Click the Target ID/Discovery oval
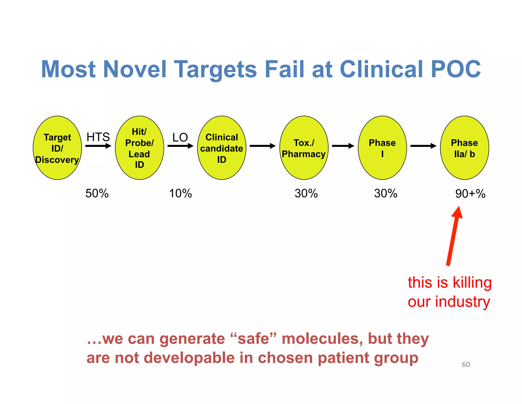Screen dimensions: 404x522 pyautogui.click(x=57, y=148)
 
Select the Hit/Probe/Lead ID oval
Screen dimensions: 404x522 pyautogui.click(x=139, y=148)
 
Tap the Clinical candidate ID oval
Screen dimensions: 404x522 pyautogui.click(x=221, y=148)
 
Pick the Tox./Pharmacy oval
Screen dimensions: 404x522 pyautogui.click(x=304, y=148)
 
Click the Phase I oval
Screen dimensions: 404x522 pyautogui.click(x=382, y=148)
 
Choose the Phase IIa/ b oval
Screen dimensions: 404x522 pyautogui.click(x=464, y=148)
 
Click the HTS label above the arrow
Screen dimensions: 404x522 pyautogui.click(x=98, y=137)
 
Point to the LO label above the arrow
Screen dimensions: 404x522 pyautogui.click(x=180, y=137)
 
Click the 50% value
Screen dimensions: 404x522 pyautogui.click(x=97, y=193)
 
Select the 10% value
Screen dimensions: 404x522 pyautogui.click(x=180, y=193)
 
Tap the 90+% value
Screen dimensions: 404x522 pyautogui.click(x=470, y=194)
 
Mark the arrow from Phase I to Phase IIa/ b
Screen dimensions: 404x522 pyautogui.click(x=423, y=146)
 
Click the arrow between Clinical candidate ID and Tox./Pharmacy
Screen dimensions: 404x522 pyautogui.click(x=263, y=146)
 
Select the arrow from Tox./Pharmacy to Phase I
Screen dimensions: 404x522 pyautogui.click(x=343, y=146)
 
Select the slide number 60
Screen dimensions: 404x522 pyautogui.click(x=466, y=364)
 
